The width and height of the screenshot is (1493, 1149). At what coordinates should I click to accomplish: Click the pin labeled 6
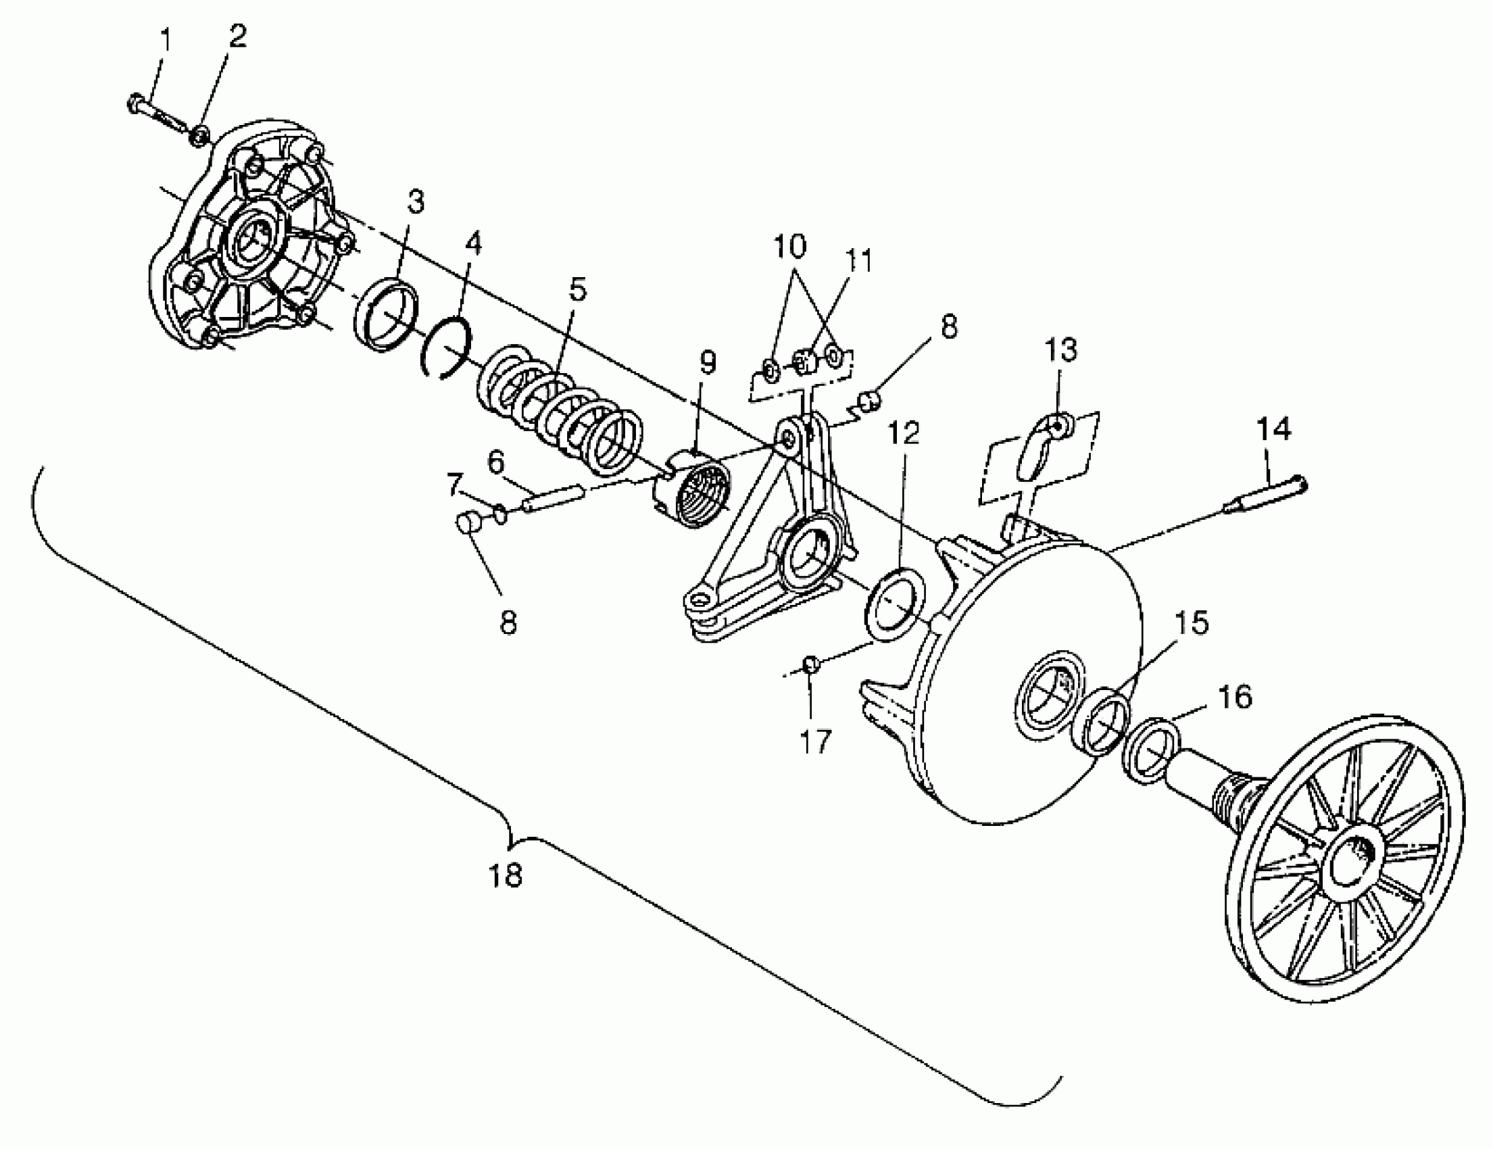[x=552, y=497]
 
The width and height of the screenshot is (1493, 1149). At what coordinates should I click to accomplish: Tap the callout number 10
[x=789, y=246]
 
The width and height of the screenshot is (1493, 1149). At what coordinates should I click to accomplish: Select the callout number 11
[x=858, y=261]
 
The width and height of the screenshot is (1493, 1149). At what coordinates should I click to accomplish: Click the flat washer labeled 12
[x=896, y=602]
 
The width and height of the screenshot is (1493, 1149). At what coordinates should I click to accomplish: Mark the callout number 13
[x=1060, y=350]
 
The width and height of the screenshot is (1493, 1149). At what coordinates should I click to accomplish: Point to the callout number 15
[x=1192, y=623]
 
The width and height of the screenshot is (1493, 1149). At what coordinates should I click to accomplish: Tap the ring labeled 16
[x=1152, y=750]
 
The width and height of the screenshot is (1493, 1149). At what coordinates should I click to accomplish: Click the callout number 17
[x=814, y=741]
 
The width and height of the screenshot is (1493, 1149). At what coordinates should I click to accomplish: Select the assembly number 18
[x=506, y=875]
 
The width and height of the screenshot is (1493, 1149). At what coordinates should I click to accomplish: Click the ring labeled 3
[x=387, y=316]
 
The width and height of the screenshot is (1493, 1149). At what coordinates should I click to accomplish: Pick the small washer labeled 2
[x=199, y=136]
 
